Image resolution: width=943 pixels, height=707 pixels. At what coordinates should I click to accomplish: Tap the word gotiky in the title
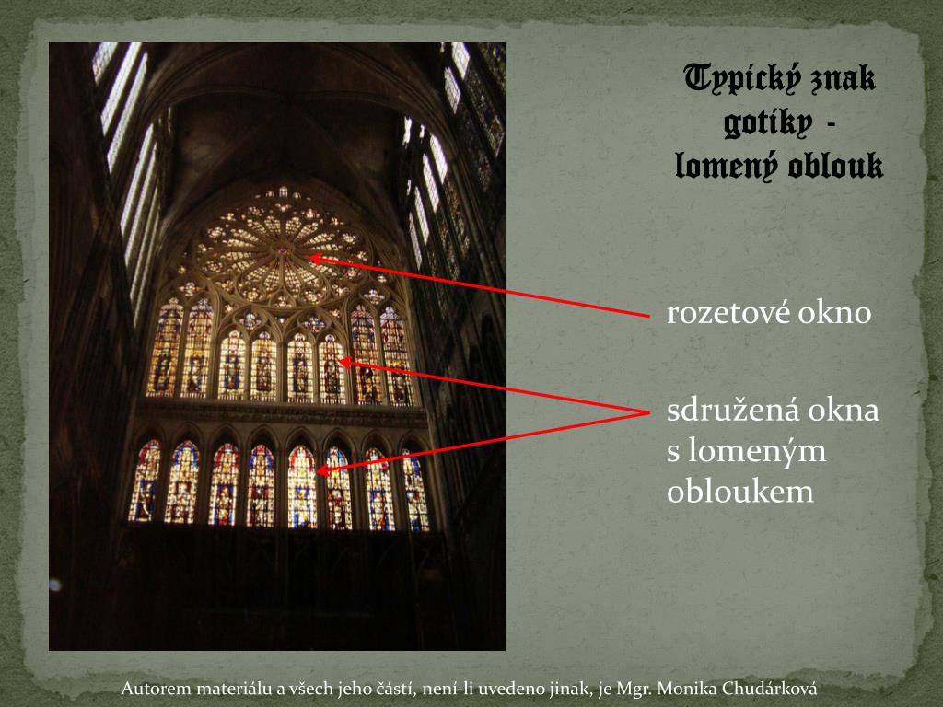pos(755,123)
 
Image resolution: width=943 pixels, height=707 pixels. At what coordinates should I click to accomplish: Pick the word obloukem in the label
pos(740,492)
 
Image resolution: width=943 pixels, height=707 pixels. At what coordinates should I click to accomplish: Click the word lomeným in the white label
pos(756,451)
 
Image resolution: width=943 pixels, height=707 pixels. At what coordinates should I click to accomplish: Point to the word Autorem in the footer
pos(157,689)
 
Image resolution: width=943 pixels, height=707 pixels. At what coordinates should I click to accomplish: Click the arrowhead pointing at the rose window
pos(313,259)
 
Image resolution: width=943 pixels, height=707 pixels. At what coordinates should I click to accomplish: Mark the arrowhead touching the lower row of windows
pos(320,470)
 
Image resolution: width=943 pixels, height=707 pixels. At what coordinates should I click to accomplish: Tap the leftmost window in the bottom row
pos(146,481)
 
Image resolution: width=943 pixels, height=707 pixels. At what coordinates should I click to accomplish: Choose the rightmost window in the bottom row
pos(414,490)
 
